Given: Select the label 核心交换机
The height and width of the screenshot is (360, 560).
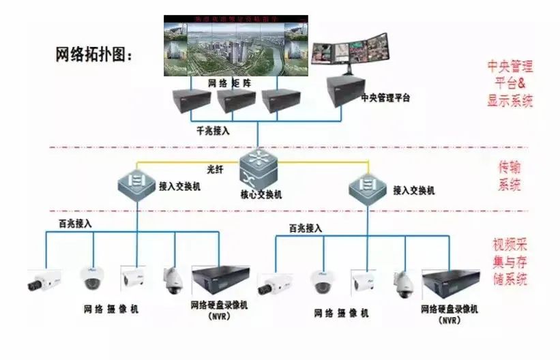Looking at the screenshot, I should coord(261,194).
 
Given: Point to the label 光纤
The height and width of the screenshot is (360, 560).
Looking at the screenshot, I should coord(216,168).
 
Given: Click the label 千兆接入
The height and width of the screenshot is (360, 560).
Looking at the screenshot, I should coord(213,130).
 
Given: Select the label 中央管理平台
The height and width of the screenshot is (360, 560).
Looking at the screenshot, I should coord(386,98).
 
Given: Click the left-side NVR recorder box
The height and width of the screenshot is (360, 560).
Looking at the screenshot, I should coord(219,280).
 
